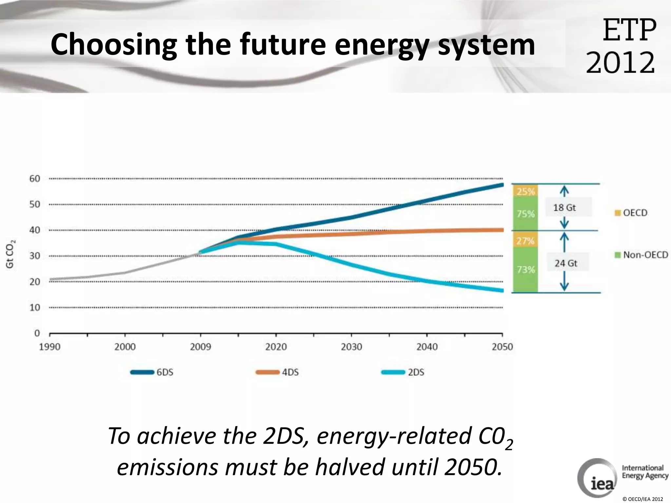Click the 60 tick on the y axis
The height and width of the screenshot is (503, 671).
35,179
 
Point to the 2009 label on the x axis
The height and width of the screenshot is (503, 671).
201,347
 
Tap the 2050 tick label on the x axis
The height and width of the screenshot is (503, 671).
502,347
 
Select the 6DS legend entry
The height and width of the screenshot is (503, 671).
152,372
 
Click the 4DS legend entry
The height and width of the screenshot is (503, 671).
278,372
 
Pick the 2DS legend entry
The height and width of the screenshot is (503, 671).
403,372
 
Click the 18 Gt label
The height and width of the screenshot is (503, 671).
564,208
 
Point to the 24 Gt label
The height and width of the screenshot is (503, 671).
566,263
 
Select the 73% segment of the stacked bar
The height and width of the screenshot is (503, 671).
525,270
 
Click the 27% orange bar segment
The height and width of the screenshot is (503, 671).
525,241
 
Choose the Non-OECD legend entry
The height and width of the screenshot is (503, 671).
641,255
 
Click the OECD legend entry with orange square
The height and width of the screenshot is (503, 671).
631,213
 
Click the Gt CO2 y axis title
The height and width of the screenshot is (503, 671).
10,254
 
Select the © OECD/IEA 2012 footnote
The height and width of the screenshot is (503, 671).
642,499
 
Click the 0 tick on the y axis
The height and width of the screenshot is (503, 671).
37,333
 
